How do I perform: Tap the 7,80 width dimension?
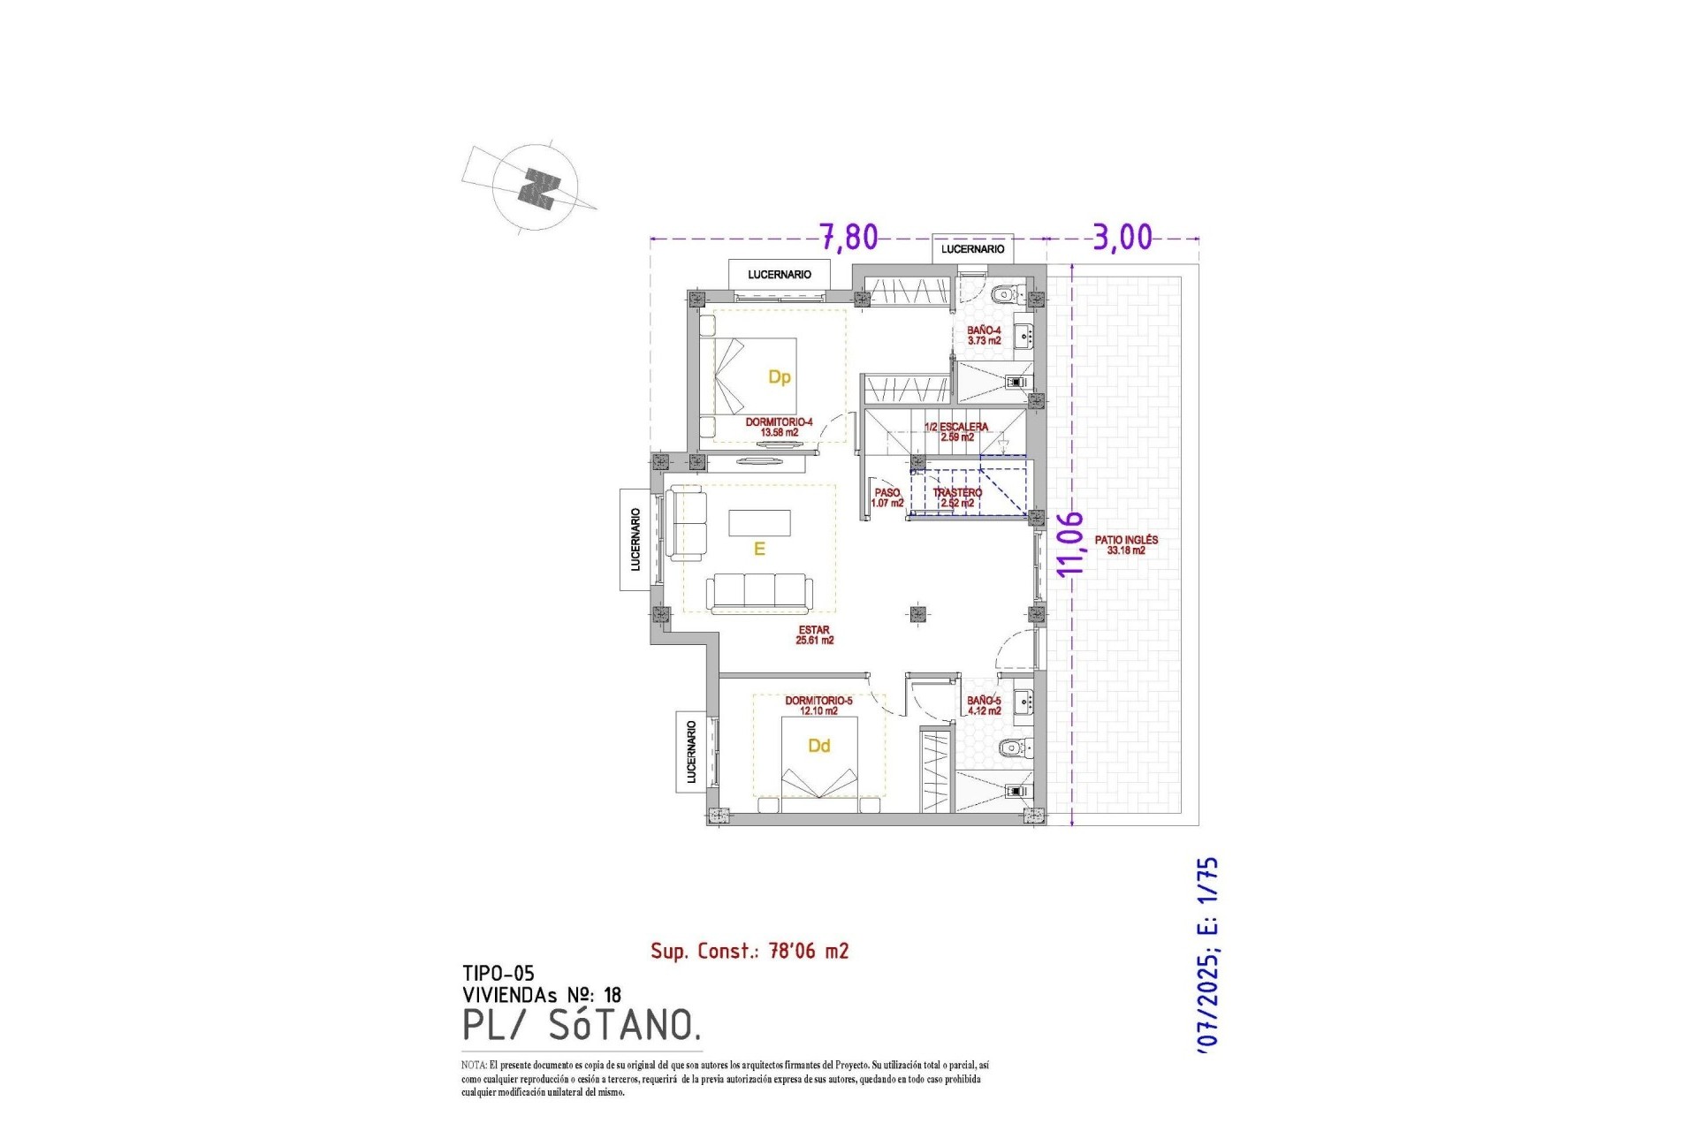click(x=848, y=237)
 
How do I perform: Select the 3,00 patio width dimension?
click(x=1122, y=237)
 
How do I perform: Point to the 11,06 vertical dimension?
click(x=1070, y=543)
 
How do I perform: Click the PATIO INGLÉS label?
click(x=1125, y=544)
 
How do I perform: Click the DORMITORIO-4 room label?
click(x=779, y=427)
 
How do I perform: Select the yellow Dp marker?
click(x=779, y=377)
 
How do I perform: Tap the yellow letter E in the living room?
click(x=758, y=550)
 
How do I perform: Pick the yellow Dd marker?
click(x=818, y=746)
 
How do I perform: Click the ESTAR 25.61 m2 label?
click(x=814, y=634)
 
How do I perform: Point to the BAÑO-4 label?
click(x=984, y=335)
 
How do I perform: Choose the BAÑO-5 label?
click(x=984, y=705)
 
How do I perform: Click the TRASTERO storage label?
click(x=957, y=497)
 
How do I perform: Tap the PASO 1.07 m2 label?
click(x=887, y=497)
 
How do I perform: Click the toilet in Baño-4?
click(x=1005, y=294)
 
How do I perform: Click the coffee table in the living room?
click(x=759, y=523)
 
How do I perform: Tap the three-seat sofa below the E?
click(x=759, y=592)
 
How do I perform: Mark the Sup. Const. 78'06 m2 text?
click(x=750, y=951)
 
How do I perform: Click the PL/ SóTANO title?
click(x=582, y=1025)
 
